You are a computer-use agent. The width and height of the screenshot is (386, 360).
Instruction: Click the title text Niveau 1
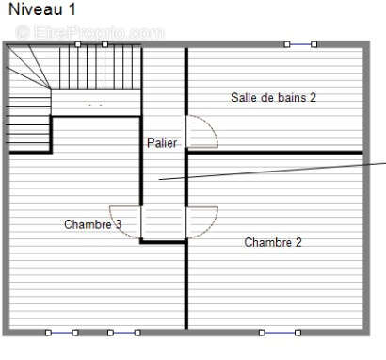click(42, 9)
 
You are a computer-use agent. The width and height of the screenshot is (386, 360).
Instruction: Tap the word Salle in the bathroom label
click(244, 97)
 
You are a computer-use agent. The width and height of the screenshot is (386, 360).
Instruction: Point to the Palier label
click(161, 143)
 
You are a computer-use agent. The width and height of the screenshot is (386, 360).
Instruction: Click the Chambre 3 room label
click(92, 224)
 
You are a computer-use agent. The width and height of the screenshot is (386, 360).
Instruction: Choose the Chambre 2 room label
click(273, 242)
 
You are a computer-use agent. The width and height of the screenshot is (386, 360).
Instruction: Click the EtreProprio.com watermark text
click(89, 33)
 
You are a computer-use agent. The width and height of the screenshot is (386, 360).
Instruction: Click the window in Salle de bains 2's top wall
click(300, 43)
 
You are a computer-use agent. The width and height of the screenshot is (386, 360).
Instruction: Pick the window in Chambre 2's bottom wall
click(280, 333)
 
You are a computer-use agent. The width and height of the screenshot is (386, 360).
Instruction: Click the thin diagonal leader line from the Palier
click(273, 170)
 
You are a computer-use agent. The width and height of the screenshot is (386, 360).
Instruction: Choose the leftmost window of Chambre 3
click(61, 333)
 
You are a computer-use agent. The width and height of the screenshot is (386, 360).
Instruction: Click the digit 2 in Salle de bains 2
click(313, 97)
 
